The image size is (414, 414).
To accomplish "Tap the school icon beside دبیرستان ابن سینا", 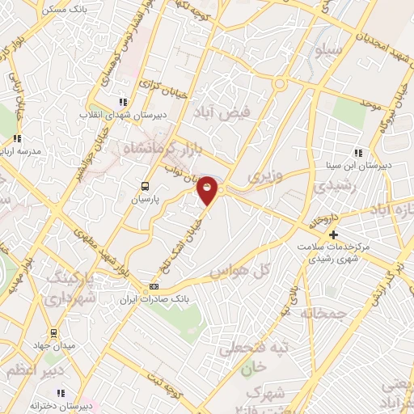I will tap(358, 153).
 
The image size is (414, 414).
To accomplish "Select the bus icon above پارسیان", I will tap(146, 184).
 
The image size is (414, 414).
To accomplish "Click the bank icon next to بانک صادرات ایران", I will tap(154, 287).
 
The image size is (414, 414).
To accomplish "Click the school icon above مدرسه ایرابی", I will tap(17, 139).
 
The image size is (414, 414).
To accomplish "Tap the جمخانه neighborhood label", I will tap(323, 312).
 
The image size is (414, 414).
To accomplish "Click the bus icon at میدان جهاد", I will tap(53, 332).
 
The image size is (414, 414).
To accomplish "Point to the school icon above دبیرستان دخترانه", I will tap(61, 393).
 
